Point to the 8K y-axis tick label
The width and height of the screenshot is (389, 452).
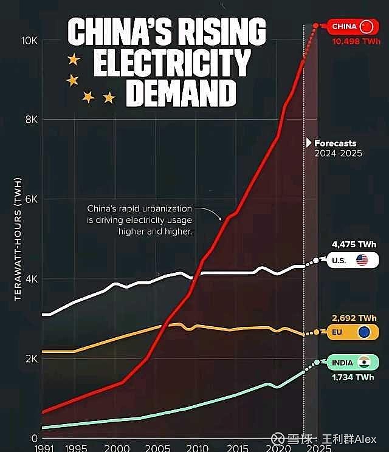tap(31, 120)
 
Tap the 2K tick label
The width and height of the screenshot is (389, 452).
tap(31, 359)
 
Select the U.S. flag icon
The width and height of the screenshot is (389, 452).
tap(362, 261)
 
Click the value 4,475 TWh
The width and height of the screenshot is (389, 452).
tap(354, 245)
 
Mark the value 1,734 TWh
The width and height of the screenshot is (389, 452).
tap(353, 377)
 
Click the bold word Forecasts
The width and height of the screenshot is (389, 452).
tap(335, 143)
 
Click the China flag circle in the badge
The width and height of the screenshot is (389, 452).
tap(366, 26)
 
